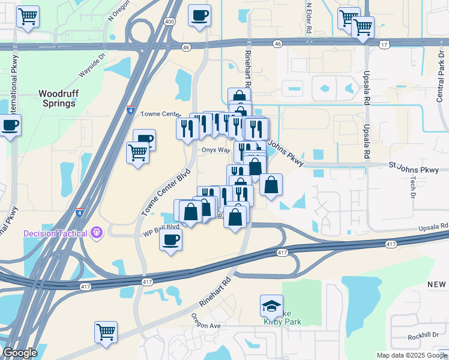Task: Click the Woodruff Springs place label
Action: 58,98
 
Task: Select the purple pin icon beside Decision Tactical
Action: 96,233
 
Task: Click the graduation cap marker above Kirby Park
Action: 271,306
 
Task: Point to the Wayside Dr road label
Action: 92,71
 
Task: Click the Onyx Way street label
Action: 215,150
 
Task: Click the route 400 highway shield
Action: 170,22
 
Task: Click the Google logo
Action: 20,352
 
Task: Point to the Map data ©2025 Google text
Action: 411,355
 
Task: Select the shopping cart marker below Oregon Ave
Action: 106,332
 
